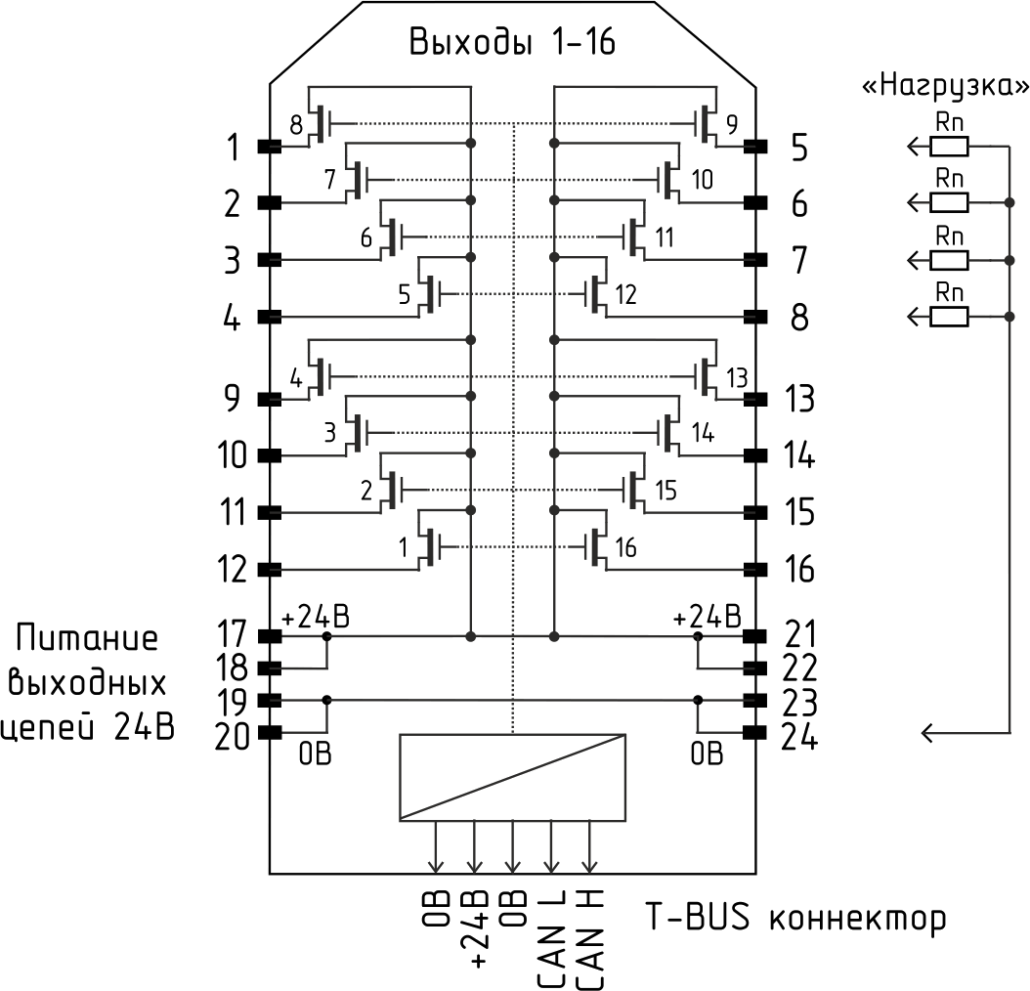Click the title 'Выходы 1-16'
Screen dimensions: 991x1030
(512, 44)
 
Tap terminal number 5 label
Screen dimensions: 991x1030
(799, 149)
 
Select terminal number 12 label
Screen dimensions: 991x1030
(233, 569)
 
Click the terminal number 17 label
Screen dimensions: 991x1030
(233, 634)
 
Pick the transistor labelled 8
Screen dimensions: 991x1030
(321, 123)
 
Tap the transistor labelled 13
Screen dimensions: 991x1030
(708, 376)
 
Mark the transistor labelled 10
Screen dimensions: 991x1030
(668, 179)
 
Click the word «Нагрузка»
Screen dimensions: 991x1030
(943, 87)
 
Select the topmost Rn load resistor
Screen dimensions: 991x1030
(949, 147)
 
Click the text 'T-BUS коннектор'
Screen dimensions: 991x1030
(794, 919)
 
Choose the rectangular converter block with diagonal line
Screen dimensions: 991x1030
(513, 776)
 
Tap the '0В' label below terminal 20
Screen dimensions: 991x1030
(315, 754)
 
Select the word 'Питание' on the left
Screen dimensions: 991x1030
(87, 640)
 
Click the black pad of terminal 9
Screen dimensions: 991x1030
(269, 399)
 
